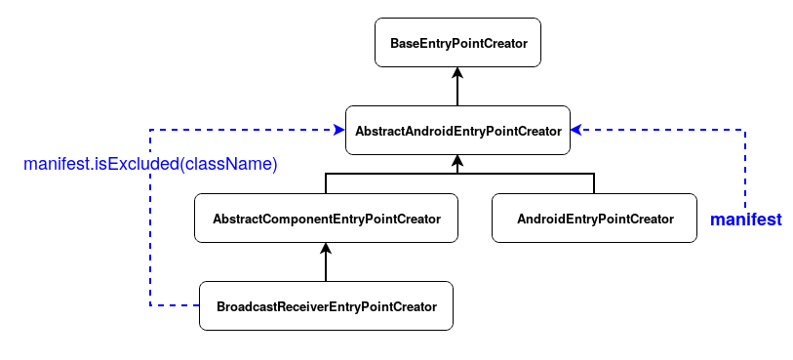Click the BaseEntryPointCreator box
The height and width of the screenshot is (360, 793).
[x=457, y=44]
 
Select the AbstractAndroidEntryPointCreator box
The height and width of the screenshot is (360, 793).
[x=457, y=130]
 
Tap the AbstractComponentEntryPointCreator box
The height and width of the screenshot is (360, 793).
[x=326, y=219]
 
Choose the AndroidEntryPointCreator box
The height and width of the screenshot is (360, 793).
[x=595, y=219]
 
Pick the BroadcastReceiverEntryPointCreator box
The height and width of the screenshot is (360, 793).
[x=326, y=306]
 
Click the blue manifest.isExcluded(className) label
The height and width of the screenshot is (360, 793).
[x=151, y=164]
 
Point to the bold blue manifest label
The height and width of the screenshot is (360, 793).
[x=745, y=220]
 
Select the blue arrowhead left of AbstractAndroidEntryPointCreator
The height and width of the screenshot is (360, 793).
[x=338, y=130]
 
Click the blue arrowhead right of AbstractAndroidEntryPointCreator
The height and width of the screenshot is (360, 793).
[x=576, y=130]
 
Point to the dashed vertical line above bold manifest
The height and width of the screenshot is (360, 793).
[x=745, y=166]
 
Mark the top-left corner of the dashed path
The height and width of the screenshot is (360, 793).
[x=149, y=130]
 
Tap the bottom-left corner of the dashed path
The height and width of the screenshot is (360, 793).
[x=149, y=306]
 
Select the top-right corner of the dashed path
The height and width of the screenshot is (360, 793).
[x=745, y=130]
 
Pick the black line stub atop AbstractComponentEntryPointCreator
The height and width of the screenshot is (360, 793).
[x=326, y=184]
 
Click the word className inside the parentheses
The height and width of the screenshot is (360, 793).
[x=228, y=164]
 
